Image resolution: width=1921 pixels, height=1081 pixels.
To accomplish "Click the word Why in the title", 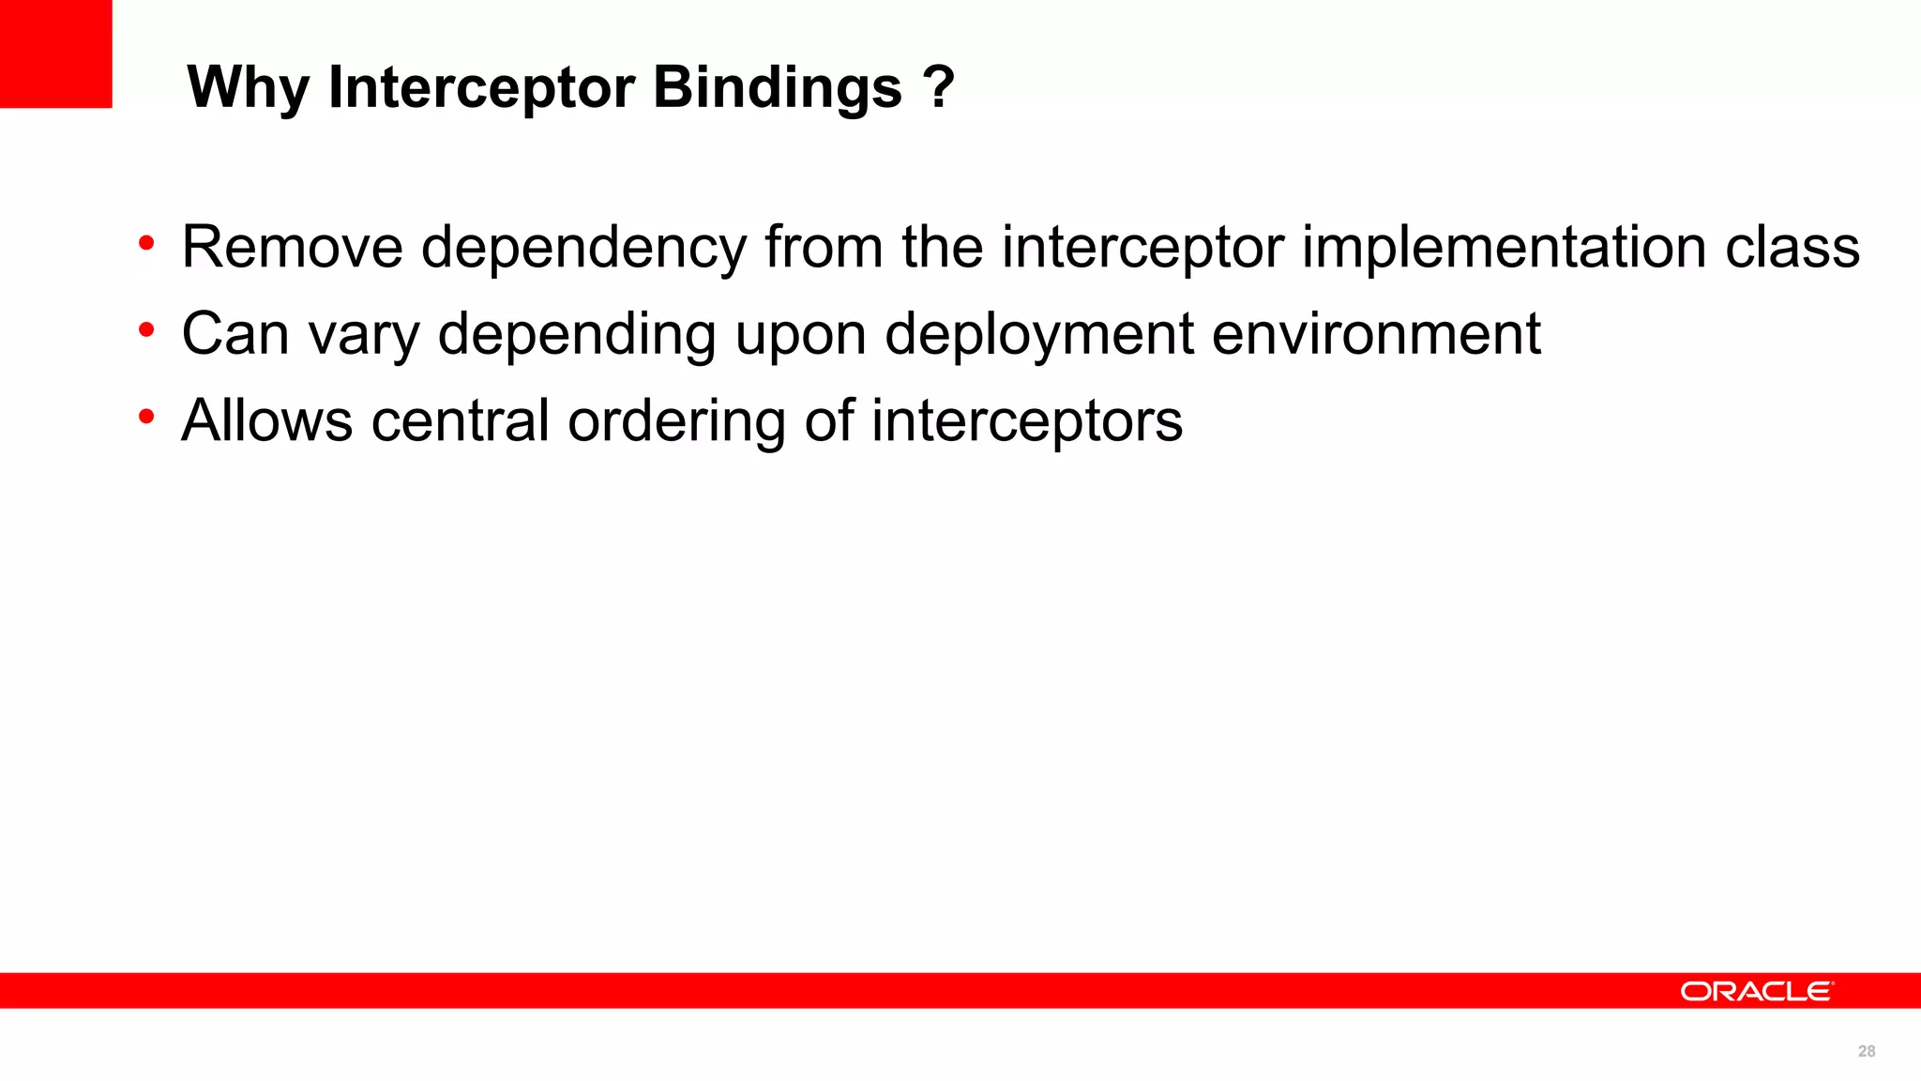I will (x=248, y=88).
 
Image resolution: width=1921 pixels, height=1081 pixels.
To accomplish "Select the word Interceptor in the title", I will (x=481, y=88).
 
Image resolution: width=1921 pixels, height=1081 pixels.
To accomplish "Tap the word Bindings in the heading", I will (x=778, y=88).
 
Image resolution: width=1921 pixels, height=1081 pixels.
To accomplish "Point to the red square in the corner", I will (x=55, y=53).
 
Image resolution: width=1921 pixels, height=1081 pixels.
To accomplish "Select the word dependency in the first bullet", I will (x=582, y=249).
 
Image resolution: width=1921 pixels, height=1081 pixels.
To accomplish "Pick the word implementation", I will (x=1503, y=249).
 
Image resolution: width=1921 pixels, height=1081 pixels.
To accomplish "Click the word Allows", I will (x=267, y=420).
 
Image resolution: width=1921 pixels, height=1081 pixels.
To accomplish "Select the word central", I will (x=460, y=420).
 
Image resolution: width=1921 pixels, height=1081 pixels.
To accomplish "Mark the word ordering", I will (x=676, y=422).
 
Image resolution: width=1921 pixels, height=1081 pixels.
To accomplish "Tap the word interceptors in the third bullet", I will (x=1027, y=421).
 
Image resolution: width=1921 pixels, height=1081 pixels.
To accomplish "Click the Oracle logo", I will (x=1756, y=991).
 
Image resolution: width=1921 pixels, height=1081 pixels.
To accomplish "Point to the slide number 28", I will (x=1866, y=1051).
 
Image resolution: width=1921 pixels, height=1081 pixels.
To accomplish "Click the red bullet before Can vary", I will (x=146, y=330).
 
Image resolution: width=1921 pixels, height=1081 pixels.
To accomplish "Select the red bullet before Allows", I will (x=146, y=417).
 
